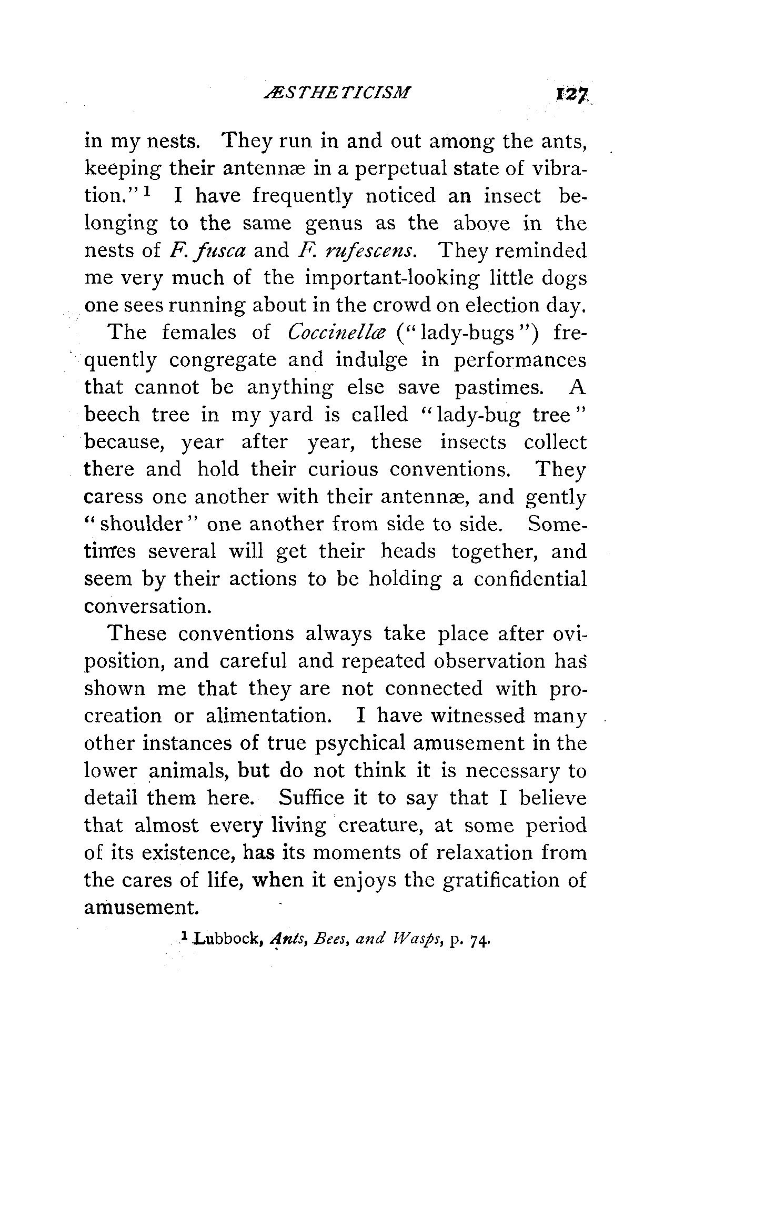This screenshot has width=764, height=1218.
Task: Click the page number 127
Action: (566, 95)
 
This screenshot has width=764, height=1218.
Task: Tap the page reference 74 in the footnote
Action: (480, 939)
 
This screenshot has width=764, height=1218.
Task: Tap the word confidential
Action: (530, 579)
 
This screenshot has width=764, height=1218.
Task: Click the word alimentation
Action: (265, 716)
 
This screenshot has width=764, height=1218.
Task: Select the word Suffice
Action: (311, 798)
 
